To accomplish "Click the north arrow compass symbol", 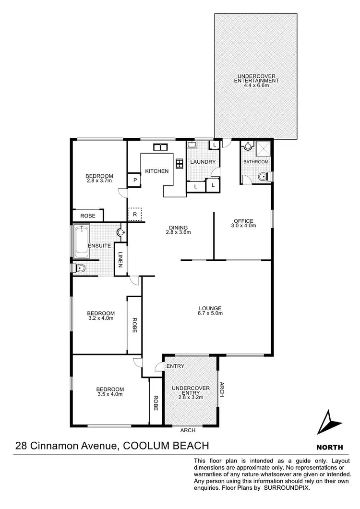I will [x=331, y=424].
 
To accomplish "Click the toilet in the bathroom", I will [x=262, y=178].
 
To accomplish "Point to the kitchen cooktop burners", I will [x=180, y=163].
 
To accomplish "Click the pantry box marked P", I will [x=135, y=181].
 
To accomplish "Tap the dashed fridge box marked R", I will [x=135, y=214].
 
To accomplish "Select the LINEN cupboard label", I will [x=120, y=259].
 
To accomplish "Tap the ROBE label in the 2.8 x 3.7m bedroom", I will [x=88, y=217].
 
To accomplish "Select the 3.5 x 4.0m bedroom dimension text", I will [x=110, y=394].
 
